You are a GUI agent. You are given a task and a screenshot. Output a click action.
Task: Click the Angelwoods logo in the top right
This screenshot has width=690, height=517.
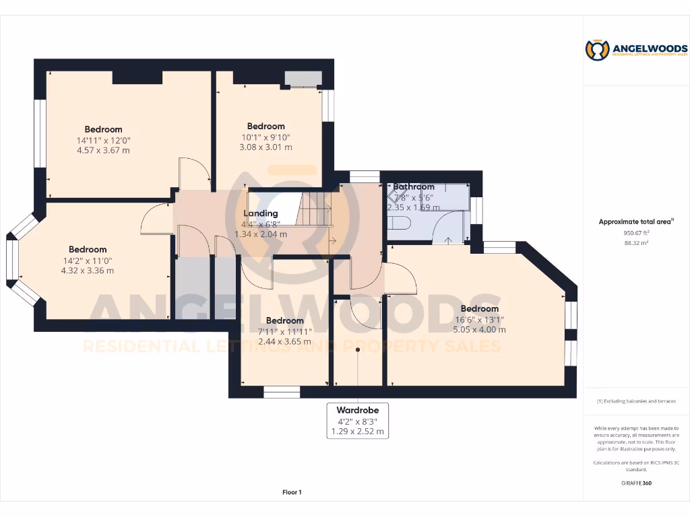pyautogui.click(x=636, y=50)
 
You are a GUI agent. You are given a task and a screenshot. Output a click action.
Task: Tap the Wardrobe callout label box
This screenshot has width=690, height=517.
pyautogui.click(x=358, y=421)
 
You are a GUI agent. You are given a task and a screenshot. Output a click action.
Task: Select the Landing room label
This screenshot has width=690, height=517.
pyautogui.click(x=260, y=213)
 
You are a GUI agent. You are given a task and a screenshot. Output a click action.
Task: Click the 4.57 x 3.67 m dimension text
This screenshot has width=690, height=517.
pyautogui.click(x=103, y=150)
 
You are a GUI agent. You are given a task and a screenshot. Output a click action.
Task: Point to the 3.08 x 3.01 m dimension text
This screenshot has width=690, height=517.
pyautogui.click(x=265, y=147)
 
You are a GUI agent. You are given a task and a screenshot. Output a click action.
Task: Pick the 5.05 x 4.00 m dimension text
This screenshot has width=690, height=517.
pyautogui.click(x=479, y=330)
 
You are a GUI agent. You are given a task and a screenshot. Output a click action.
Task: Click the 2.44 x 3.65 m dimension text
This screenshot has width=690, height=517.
pyautogui.click(x=284, y=342)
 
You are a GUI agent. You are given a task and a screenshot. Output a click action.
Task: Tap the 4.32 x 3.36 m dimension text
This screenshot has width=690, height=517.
pyautogui.click(x=87, y=271)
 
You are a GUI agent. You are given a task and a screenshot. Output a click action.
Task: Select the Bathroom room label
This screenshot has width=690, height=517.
pyautogui.click(x=414, y=186)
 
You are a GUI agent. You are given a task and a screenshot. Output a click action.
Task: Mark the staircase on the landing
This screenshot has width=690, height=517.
pyautogui.click(x=315, y=209)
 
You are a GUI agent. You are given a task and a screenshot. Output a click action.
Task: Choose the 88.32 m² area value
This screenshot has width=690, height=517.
pyautogui.click(x=636, y=243)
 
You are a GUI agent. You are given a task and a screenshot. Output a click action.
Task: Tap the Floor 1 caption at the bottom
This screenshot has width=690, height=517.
pyautogui.click(x=292, y=493)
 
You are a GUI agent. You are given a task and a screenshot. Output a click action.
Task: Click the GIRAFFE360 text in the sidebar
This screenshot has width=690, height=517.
pyautogui.click(x=636, y=483)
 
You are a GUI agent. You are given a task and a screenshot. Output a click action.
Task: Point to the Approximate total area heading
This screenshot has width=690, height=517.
pyautogui.click(x=636, y=221)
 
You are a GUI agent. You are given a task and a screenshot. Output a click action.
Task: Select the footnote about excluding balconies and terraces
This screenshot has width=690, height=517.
pyautogui.click(x=636, y=401)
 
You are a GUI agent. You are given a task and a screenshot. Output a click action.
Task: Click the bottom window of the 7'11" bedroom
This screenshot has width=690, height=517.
pyautogui.click(x=282, y=392)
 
